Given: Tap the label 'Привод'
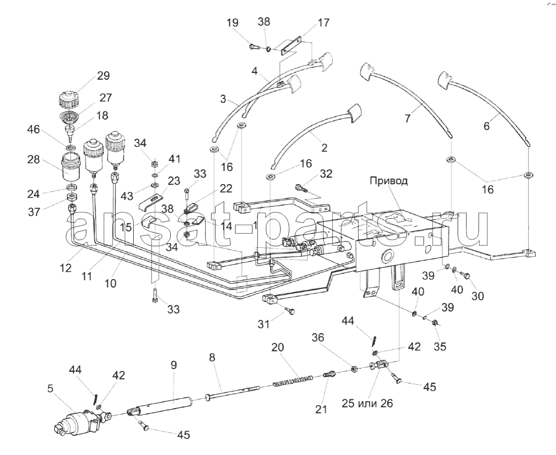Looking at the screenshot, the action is pos(389,181).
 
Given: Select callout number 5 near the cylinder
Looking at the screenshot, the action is pos(50,388).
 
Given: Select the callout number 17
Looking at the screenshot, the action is pos(323,23).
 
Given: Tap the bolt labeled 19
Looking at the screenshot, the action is pos(254,46).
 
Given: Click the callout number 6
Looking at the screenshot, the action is pos(486,125).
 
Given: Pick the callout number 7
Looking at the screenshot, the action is pos(408,119).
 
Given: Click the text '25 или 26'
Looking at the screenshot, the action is pos(368,403).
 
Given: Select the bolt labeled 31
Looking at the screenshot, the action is pos(289,311).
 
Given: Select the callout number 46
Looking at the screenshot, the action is pos(34,129).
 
